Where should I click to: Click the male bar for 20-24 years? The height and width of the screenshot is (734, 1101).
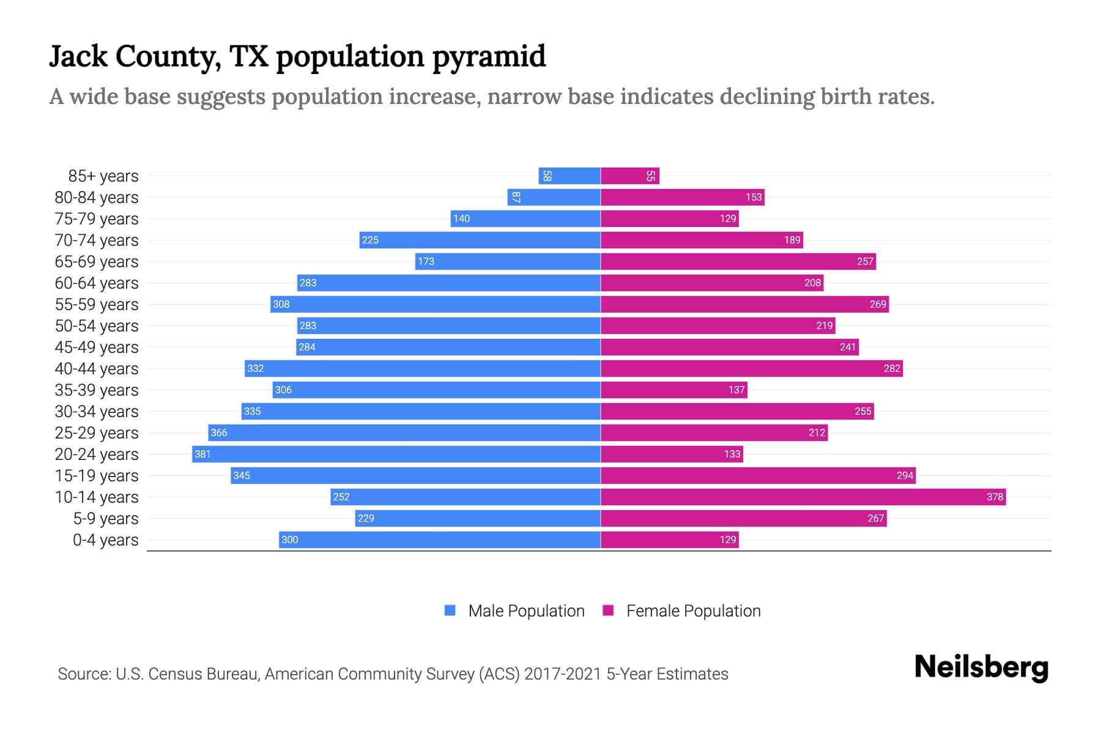coord(396,454)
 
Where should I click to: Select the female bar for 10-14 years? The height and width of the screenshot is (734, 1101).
coord(803,497)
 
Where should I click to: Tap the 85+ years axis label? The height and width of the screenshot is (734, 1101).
coord(103,176)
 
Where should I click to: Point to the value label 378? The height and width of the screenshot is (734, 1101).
coord(995,497)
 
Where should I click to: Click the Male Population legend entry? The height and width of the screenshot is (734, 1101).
coord(514,610)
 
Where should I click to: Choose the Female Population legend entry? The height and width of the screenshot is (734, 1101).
coord(682,610)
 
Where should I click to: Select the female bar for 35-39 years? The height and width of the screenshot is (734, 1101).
coord(673,390)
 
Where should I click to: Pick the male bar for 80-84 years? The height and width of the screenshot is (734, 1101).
coord(554,197)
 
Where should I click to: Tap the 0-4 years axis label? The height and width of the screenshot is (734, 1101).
coord(105,540)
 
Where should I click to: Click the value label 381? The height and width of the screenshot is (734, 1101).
coord(202,454)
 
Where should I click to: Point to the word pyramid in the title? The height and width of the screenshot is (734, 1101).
coord(489,56)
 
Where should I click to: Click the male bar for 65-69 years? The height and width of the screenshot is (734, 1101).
coord(508,261)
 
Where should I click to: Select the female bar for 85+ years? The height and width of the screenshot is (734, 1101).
coord(629,176)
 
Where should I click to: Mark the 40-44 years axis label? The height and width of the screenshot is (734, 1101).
coord(97,369)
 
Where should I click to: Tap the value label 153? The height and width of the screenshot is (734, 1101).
coord(754,197)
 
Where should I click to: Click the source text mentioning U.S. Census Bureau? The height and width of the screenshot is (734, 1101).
coord(393,674)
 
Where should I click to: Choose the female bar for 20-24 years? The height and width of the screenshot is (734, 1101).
coord(672,454)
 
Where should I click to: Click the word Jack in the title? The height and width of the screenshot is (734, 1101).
coord(78,56)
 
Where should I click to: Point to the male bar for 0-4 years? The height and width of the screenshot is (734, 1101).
coord(439,539)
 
